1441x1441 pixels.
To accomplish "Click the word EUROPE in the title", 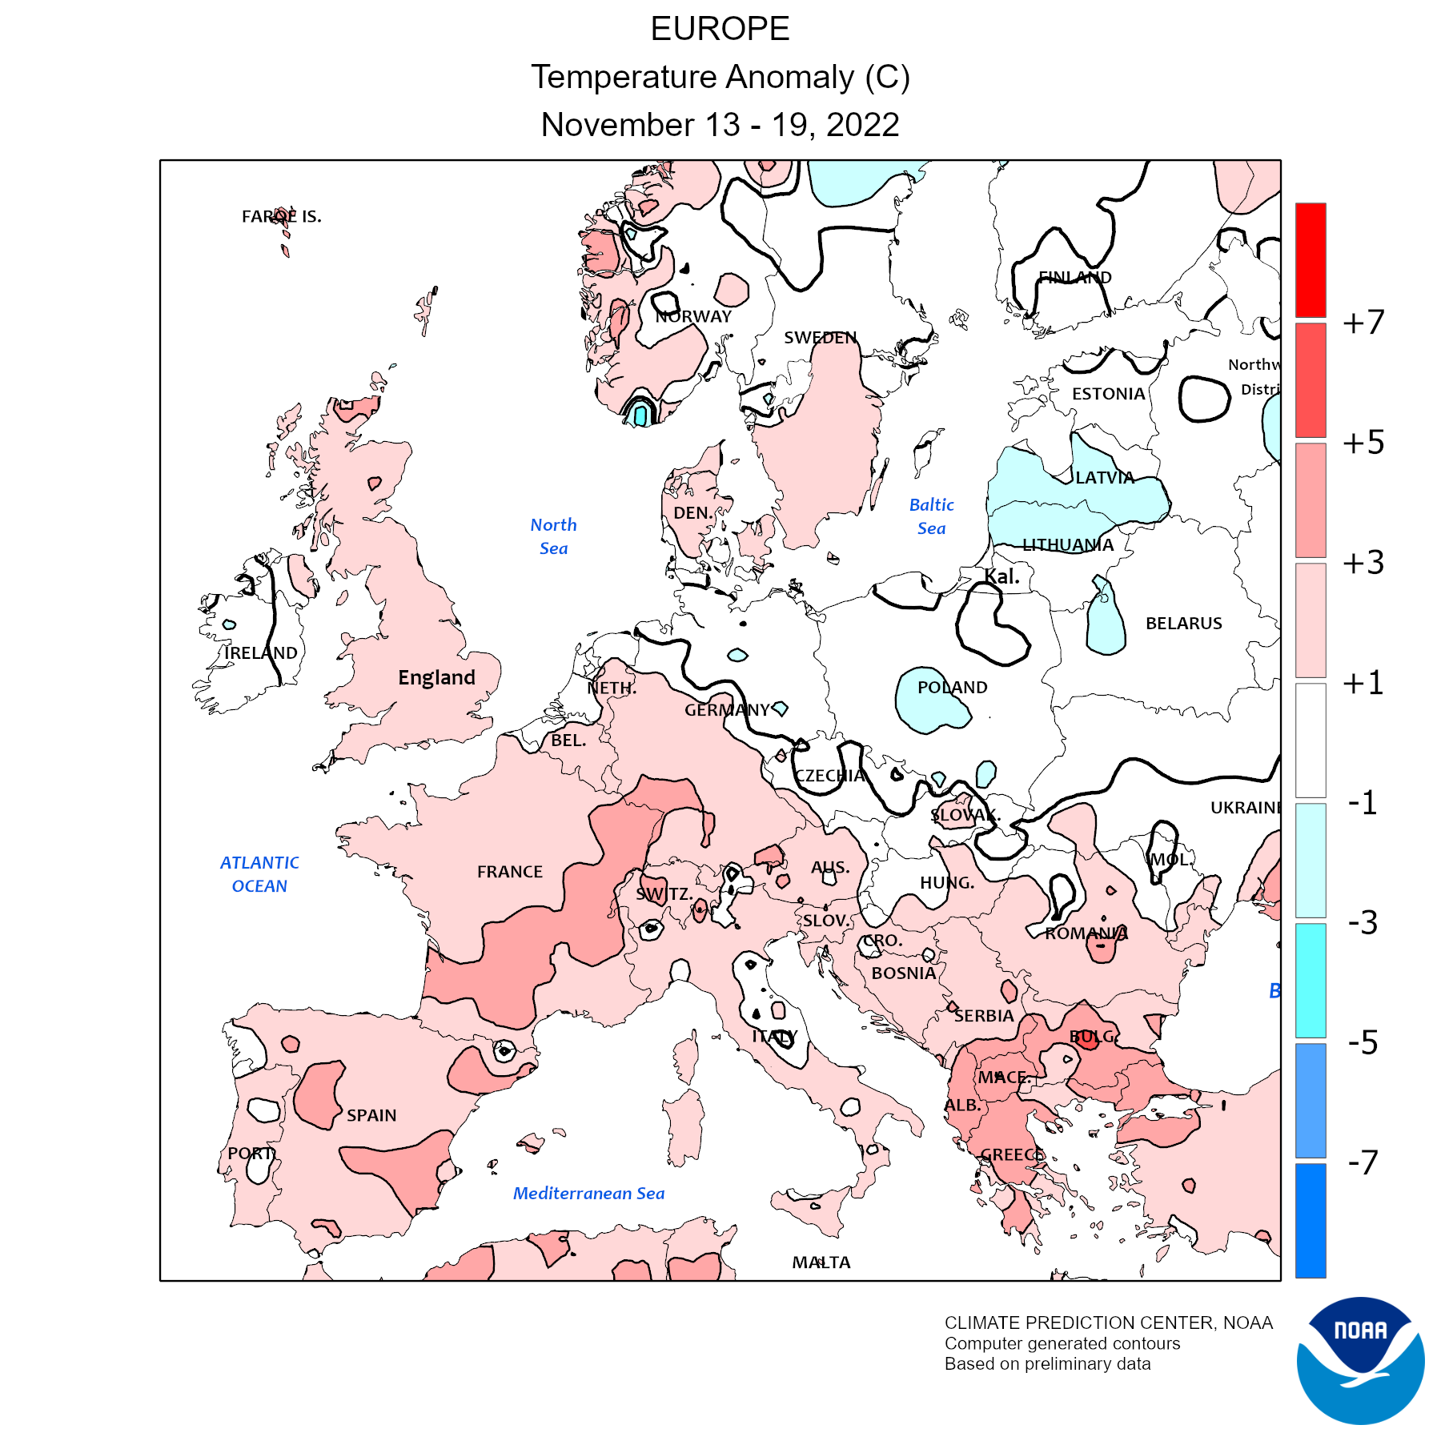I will pyautogui.click(x=720, y=29).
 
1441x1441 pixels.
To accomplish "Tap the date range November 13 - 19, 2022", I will pyautogui.click(x=720, y=125).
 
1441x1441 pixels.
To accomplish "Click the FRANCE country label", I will pyautogui.click(x=510, y=872).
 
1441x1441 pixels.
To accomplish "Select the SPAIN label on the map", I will pyautogui.click(x=371, y=1115).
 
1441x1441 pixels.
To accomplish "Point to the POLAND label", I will pyautogui.click(x=953, y=688).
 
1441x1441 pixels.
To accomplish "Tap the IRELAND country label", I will pyautogui.click(x=261, y=653).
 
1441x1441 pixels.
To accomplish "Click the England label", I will pyautogui.click(x=436, y=678).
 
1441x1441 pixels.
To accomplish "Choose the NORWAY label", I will pyautogui.click(x=693, y=317).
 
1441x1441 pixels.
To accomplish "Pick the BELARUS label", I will pyautogui.click(x=1184, y=624).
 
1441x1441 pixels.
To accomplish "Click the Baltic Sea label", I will pyautogui.click(x=932, y=516).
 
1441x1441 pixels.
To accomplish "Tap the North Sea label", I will pyautogui.click(x=553, y=536).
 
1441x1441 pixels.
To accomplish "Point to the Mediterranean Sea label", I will pyautogui.click(x=588, y=1194).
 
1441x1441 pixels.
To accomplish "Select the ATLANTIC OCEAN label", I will pyautogui.click(x=259, y=874).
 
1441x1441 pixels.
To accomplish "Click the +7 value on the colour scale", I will pyautogui.click(x=1363, y=323).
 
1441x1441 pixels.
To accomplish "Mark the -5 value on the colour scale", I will pyautogui.click(x=1363, y=1042).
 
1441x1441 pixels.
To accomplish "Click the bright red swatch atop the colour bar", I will pyautogui.click(x=1311, y=260).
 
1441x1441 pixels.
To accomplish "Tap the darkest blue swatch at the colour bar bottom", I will pyautogui.click(x=1311, y=1220).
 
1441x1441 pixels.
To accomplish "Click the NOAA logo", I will pyautogui.click(x=1360, y=1360).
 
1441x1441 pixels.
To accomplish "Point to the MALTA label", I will pyautogui.click(x=821, y=1262).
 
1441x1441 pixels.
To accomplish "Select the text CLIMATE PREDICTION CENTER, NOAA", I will pyautogui.click(x=1108, y=1323).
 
